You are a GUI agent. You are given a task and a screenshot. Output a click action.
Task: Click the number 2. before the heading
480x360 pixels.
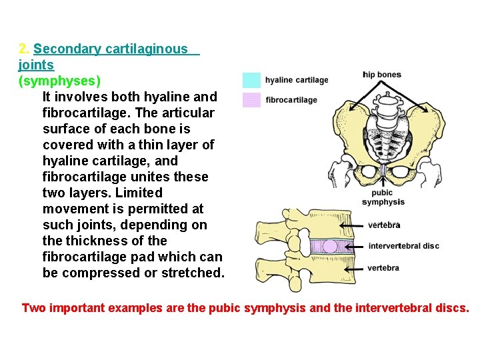tap(24, 49)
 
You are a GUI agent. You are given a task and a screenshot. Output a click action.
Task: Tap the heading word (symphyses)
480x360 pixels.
tap(60, 81)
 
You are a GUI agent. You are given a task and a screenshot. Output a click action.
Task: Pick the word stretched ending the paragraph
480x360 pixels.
tap(193, 273)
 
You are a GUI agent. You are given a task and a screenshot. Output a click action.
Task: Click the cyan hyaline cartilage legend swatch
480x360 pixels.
tap(251, 80)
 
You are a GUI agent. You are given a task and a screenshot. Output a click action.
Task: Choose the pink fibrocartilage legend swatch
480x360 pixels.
tap(251, 100)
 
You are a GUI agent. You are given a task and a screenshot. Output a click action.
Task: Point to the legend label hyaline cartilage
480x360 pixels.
tap(297, 80)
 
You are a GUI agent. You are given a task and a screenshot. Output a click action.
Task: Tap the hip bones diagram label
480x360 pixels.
tap(382, 74)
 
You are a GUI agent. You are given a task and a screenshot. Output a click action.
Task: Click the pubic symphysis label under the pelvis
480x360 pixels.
tap(383, 197)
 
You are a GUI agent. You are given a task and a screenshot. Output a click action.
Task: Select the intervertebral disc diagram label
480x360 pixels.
tap(403, 246)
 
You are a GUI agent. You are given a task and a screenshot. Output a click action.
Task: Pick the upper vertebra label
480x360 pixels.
tap(383, 225)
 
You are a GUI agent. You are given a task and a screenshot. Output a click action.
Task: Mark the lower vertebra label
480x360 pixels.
tap(383, 268)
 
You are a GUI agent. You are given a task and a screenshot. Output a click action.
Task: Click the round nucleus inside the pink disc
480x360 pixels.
tap(330, 246)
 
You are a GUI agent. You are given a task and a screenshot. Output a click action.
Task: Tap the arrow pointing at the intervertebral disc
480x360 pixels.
tap(357, 246)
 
